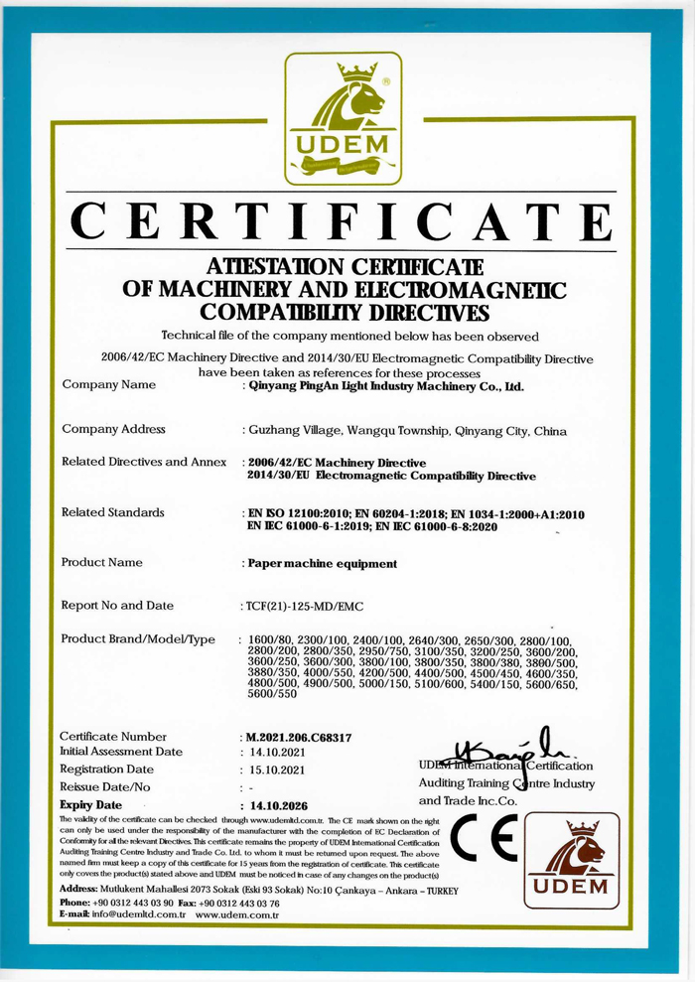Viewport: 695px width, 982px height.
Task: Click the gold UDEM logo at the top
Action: tap(343, 119)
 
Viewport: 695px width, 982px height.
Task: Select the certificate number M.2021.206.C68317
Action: tap(298, 738)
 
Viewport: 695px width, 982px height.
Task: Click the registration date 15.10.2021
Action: tap(279, 771)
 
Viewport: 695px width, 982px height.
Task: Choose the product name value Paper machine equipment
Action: tap(321, 563)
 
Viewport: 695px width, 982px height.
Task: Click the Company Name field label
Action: tap(108, 384)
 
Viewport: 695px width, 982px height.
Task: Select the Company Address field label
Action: tap(113, 429)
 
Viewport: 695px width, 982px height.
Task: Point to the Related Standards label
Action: tap(112, 512)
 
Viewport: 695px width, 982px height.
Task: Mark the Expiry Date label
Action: tap(90, 804)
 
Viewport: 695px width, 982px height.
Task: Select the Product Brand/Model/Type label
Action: tap(138, 638)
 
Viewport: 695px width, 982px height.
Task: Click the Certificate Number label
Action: tap(113, 737)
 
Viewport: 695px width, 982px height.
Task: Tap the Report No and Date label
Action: tap(117, 605)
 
